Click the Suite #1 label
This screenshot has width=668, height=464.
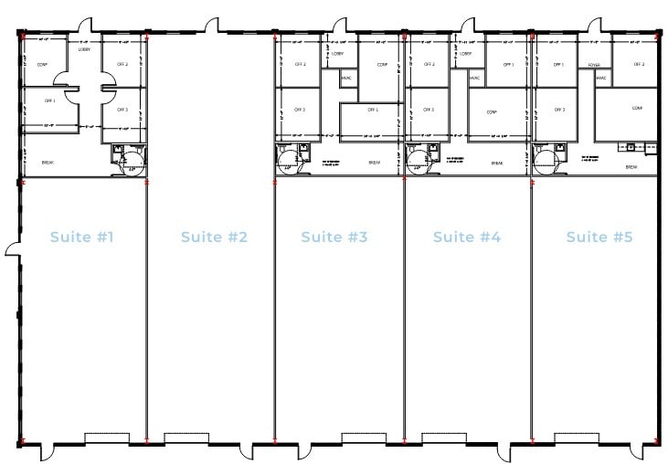coord(82,237)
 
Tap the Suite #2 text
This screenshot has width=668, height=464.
coord(214,237)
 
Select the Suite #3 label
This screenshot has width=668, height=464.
coord(334,237)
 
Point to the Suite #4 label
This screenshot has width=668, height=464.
coord(466,237)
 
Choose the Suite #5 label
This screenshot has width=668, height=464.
coord(599,237)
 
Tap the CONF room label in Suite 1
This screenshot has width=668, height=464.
coord(42,65)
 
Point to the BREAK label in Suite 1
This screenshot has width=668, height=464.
coord(47,163)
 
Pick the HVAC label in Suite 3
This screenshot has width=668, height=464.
coord(346,78)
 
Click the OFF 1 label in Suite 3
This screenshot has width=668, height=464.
coord(373,110)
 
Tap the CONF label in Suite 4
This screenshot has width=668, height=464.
coord(492,111)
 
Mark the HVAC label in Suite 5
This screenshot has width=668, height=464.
coord(601,79)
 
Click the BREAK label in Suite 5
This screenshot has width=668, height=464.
coord(631,167)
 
